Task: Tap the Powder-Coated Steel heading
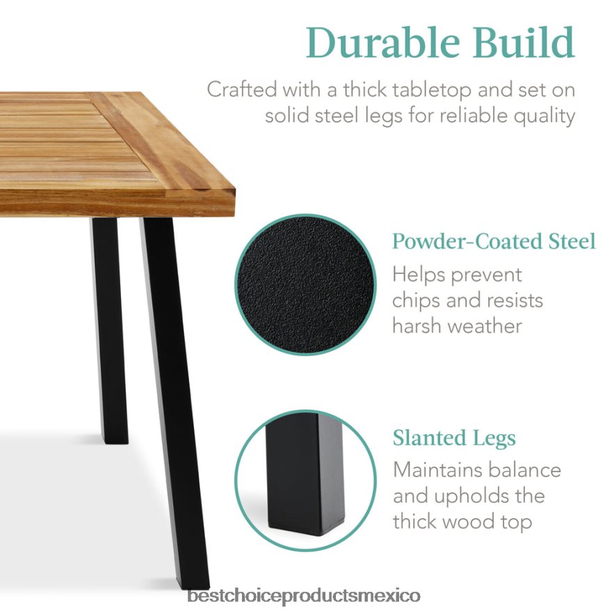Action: coord(494,241)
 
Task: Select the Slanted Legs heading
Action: coord(454,438)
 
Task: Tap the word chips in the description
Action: coord(418,300)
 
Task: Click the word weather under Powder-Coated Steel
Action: coord(485,325)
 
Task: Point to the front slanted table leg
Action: coord(173,389)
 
